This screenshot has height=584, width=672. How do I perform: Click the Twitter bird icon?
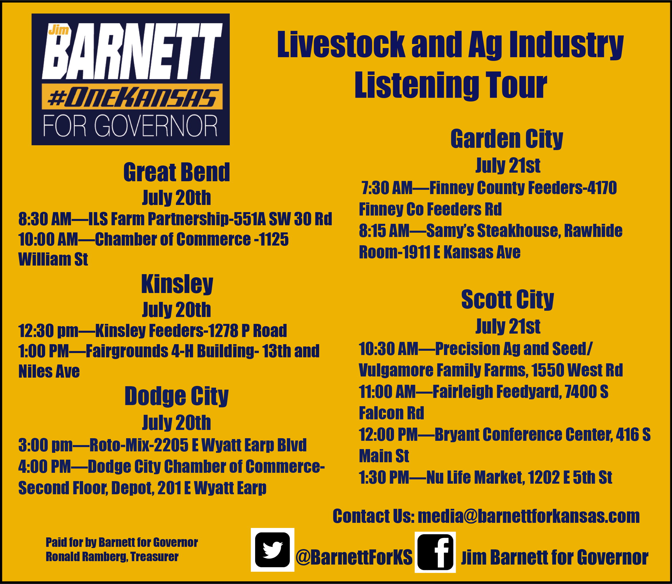[272, 550]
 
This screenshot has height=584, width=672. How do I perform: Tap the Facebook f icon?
[435, 552]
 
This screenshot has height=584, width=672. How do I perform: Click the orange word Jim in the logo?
[59, 30]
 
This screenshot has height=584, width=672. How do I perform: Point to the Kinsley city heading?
[177, 284]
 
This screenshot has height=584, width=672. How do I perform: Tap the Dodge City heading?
[177, 396]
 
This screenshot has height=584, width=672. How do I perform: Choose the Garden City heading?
[507, 139]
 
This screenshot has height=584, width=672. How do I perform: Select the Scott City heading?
[507, 299]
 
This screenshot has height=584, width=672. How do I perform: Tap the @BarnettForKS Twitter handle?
[354, 557]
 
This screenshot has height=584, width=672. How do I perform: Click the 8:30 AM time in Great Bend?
[45, 219]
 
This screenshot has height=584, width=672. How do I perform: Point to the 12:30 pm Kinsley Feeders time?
[49, 331]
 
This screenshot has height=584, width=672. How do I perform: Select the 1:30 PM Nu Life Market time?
[384, 477]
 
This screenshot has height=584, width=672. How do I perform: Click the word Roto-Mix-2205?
[139, 445]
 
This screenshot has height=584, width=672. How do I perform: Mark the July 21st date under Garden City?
[508, 165]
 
